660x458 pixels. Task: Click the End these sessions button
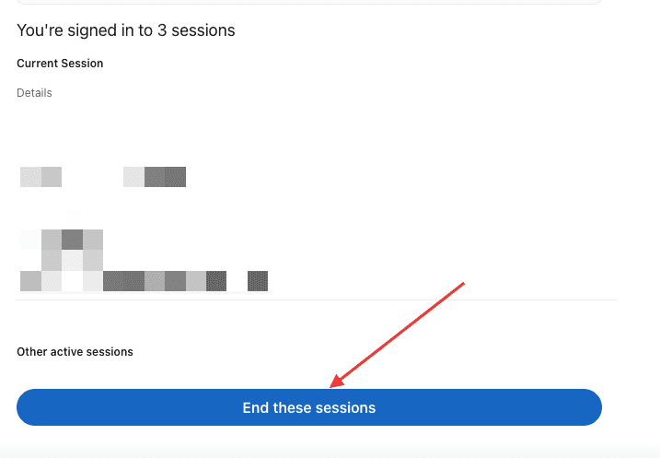(x=308, y=407)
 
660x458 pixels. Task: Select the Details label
(x=34, y=93)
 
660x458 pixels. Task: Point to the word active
(x=71, y=352)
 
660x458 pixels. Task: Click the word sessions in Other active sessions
(x=112, y=352)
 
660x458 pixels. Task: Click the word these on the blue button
(x=292, y=407)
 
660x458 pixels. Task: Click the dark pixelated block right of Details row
(x=166, y=176)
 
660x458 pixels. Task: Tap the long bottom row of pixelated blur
(x=144, y=280)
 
